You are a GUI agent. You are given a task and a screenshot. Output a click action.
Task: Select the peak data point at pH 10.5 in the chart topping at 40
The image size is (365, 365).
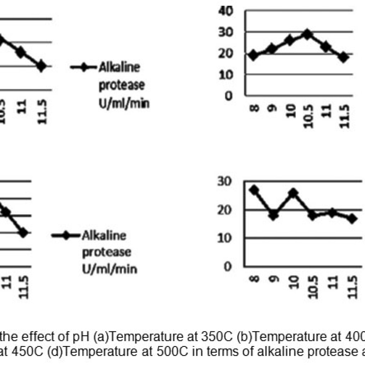pos(307,34)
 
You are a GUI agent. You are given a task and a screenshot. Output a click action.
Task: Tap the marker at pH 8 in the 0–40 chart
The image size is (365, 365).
pos(253,55)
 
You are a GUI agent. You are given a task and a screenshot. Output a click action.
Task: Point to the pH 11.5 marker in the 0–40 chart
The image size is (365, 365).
pos(344,57)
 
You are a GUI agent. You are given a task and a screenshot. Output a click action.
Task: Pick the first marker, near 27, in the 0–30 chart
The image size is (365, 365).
pos(254,190)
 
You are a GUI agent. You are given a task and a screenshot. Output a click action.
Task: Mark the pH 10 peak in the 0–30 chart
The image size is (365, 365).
pos(293,193)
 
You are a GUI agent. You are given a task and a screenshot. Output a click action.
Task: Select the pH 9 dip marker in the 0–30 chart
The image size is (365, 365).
pos(274,215)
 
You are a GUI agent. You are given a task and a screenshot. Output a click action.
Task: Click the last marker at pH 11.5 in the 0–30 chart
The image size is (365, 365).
pos(352,219)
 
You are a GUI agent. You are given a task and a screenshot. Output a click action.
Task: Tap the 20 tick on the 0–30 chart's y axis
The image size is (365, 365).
pos(226,210)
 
